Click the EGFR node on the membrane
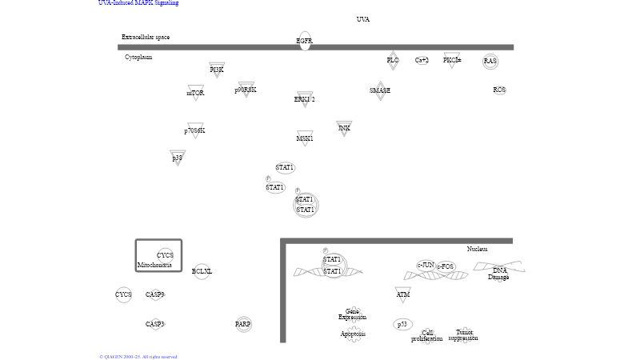[x=305, y=41]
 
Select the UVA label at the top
[x=363, y=19]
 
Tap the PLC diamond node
[x=393, y=60]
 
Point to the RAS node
[x=490, y=61]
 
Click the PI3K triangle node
[x=217, y=70]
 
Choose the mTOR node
[x=196, y=92]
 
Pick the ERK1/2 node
[x=305, y=99]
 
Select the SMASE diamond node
[x=380, y=90]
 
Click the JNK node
[x=344, y=128]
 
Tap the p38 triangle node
[x=178, y=158]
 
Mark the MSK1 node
[x=305, y=138]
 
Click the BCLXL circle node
[x=202, y=272]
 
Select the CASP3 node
[x=155, y=324]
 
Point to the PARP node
[x=243, y=324]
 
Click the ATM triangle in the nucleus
[x=403, y=294]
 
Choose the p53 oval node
[x=403, y=324]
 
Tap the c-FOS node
[x=446, y=266]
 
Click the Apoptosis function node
[x=353, y=334]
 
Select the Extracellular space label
[x=146, y=37]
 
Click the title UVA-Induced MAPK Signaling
[x=138, y=3]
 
